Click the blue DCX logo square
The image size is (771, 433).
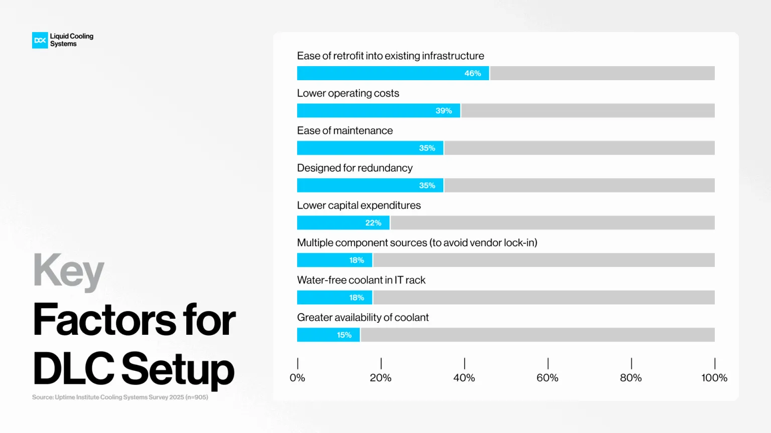[x=40, y=40]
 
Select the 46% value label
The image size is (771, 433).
[x=472, y=73]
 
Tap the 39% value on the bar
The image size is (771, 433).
[x=444, y=111]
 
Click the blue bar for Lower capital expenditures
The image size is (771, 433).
[x=343, y=223]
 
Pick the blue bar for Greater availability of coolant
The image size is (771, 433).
[x=328, y=335]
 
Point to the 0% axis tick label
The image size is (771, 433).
[x=297, y=378]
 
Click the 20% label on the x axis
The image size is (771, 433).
[x=380, y=378]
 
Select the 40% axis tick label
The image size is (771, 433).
[x=464, y=378]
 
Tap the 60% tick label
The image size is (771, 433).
[x=548, y=378]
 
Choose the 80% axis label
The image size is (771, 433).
[x=631, y=378]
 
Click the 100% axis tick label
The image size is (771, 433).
[x=714, y=378]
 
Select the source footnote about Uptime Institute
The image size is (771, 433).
[x=120, y=397]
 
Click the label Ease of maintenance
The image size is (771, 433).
[x=345, y=131]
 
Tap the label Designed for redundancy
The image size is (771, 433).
[x=355, y=168]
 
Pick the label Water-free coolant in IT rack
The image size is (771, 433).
[x=361, y=280]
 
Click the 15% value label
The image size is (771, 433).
[x=344, y=335]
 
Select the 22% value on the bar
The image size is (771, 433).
[x=373, y=223]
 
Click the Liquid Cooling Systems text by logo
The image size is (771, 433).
[x=72, y=40]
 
